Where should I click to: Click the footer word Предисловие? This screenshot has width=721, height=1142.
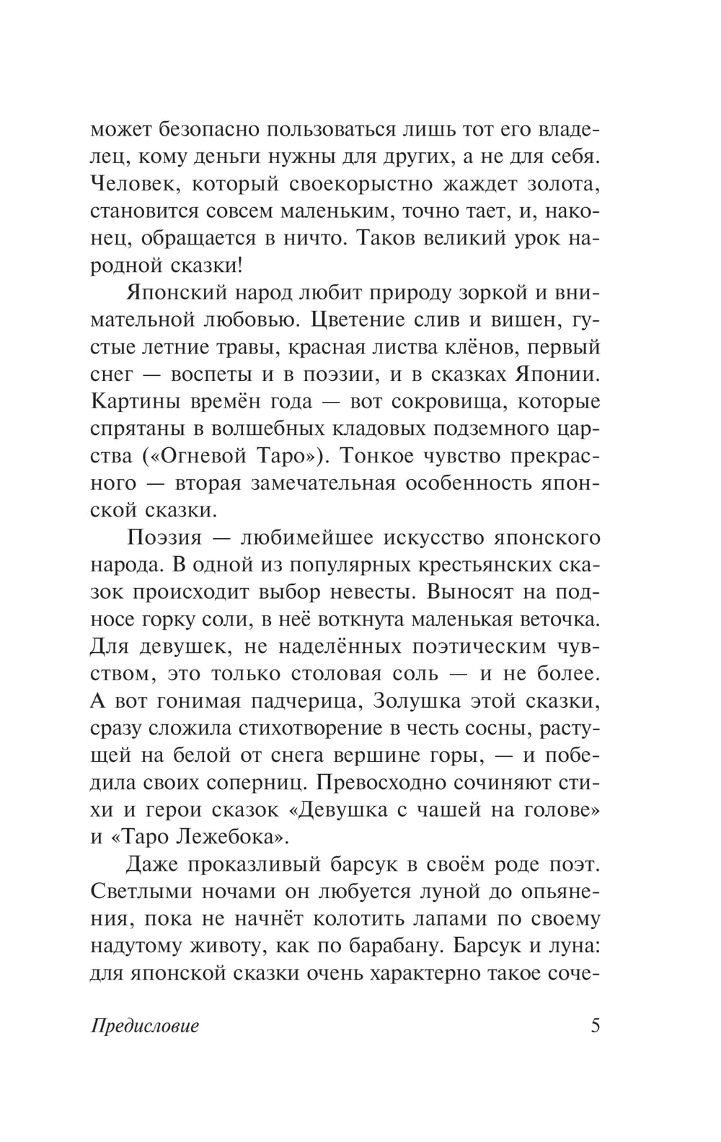point(145,1026)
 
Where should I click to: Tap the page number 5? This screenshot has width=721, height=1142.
point(595,1025)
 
